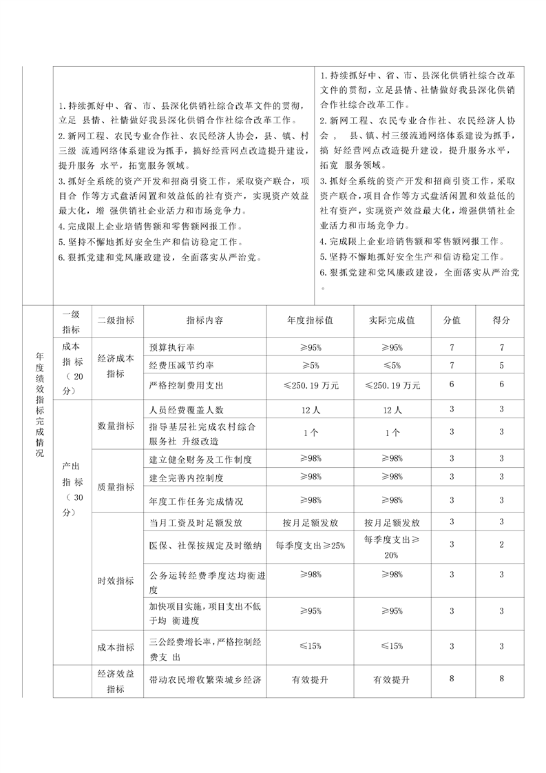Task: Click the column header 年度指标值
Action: point(310,320)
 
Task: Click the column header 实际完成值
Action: point(392,320)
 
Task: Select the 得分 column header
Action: point(502,320)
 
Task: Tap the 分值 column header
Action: point(452,320)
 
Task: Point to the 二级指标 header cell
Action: point(116,320)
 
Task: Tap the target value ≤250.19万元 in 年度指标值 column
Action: point(311,385)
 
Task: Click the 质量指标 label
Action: point(116,487)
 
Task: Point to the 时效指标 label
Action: point(116,581)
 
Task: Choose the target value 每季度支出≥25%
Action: point(311,546)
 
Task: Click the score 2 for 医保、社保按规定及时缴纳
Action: point(502,545)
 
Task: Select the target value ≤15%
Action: point(311,646)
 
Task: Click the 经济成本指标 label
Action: point(116,366)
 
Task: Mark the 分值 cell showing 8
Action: point(452,679)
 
